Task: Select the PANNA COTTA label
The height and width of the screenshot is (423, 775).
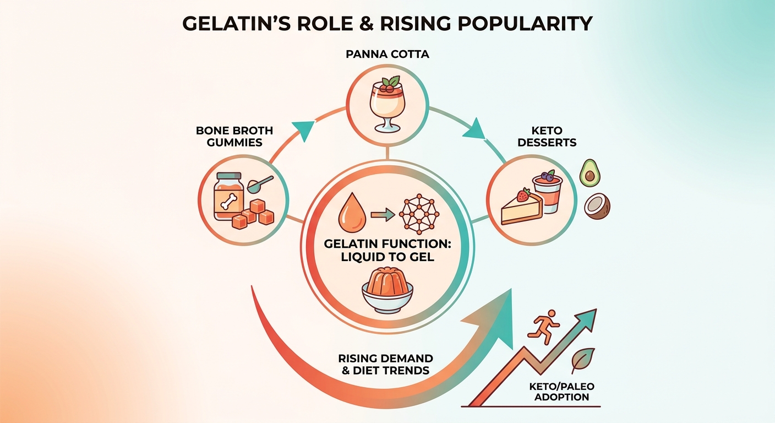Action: pyautogui.click(x=387, y=55)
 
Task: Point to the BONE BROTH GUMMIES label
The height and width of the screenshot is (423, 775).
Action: pyautogui.click(x=234, y=137)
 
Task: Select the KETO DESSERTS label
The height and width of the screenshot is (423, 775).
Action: pyautogui.click(x=547, y=137)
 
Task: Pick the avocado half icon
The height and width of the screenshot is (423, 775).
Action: pyautogui.click(x=590, y=173)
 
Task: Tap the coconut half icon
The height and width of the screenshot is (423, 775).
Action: pyautogui.click(x=597, y=207)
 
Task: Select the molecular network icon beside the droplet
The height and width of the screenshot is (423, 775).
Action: pyautogui.click(x=419, y=214)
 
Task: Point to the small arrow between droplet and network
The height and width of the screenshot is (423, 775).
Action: pyautogui.click(x=383, y=215)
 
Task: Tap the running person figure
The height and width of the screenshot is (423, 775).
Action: pyautogui.click(x=543, y=327)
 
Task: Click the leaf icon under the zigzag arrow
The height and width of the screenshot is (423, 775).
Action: pyautogui.click(x=583, y=360)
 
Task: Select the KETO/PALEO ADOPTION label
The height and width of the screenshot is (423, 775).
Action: pyautogui.click(x=561, y=392)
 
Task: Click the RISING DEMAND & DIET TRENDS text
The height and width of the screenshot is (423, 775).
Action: pyautogui.click(x=385, y=364)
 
